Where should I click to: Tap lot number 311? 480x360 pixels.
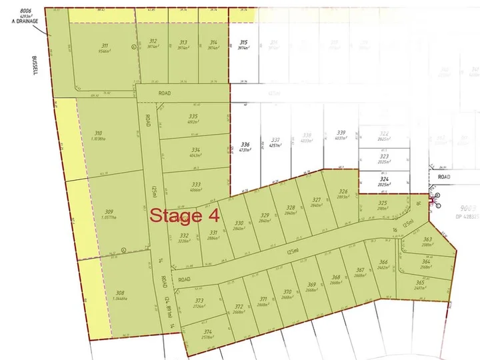pos(104,45)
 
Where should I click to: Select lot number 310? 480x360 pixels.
pos(99,133)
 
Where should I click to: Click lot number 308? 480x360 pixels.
pos(120,293)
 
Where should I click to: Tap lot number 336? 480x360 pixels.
pos(245,145)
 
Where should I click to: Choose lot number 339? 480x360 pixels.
pos(341,132)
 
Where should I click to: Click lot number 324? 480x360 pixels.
pos(384,179)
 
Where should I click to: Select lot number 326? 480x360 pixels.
pos(343,192)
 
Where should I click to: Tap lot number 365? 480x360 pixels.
pos(419,283)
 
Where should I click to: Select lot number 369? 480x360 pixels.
pos(311,285)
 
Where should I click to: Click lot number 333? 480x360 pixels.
pos(196,184)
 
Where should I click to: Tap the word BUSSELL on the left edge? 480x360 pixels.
pos(33,65)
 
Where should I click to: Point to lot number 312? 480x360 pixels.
pos(153,41)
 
